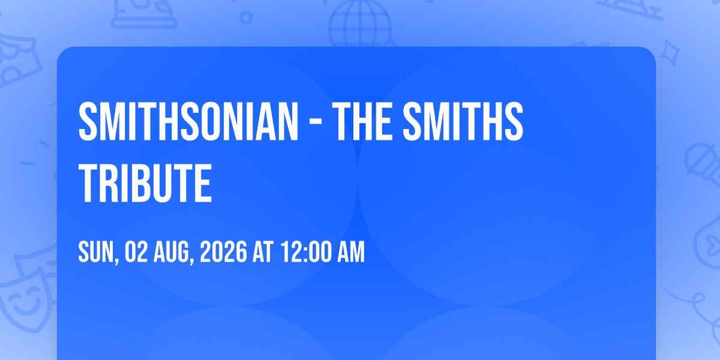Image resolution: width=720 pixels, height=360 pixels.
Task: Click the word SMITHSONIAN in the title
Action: coord(188,121)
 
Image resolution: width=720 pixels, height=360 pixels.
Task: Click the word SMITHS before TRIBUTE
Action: coord(463,121)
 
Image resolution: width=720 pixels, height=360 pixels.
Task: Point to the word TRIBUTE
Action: coord(145,182)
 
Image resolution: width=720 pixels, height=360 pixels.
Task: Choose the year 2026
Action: coord(223,251)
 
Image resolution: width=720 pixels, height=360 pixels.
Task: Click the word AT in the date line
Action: coord(263,251)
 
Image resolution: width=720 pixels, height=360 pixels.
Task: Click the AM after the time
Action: coord(350,251)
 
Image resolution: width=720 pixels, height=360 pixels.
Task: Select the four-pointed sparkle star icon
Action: coord(670,53)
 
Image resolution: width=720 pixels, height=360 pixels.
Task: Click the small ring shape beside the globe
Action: coord(246,17)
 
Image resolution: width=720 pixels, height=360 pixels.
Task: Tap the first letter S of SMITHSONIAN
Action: coord(88,121)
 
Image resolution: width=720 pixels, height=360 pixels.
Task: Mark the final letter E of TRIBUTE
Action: coord(203,182)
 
